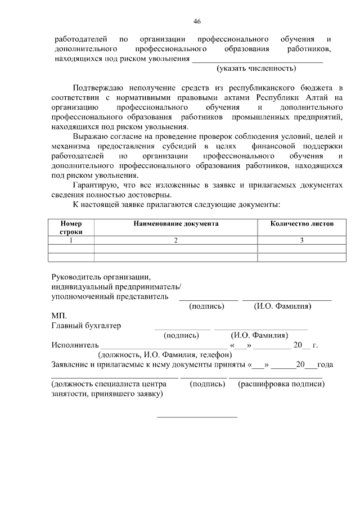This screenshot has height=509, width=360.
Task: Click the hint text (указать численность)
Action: point(256,69)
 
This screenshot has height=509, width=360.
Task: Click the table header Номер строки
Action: point(71,227)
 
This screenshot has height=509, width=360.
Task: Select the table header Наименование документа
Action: point(175,223)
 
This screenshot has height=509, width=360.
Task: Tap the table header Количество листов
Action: point(301,223)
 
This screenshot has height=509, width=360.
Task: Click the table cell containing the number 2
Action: point(175,240)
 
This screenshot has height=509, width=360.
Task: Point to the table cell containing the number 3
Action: point(301,240)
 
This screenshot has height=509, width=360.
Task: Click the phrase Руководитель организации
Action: point(101,277)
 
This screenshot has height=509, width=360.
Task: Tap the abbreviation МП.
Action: point(58,316)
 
